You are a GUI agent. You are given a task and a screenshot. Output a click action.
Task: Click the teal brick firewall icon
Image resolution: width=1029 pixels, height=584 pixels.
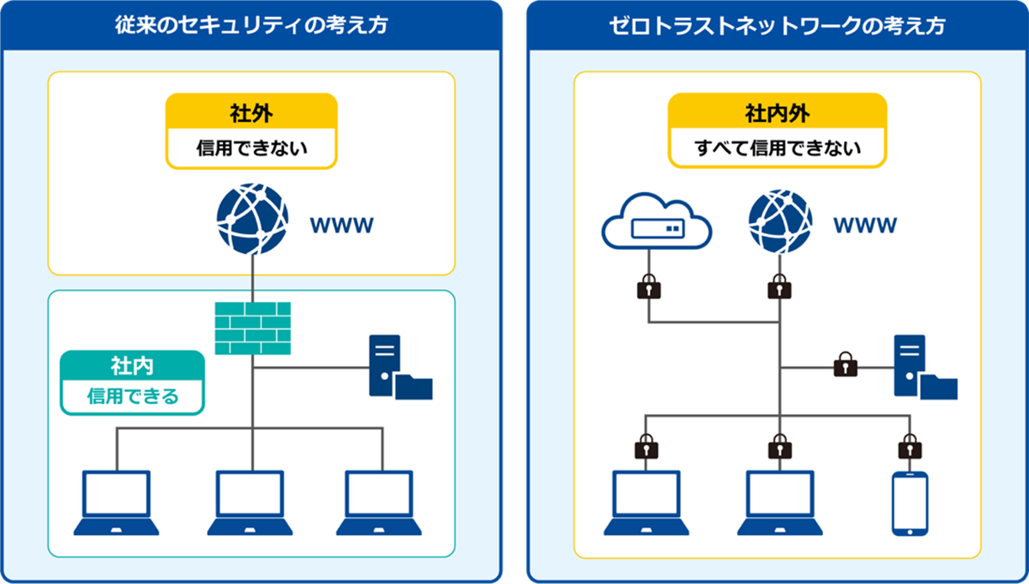point(252,328)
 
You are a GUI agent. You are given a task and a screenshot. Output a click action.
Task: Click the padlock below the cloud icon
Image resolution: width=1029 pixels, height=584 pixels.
point(649,287)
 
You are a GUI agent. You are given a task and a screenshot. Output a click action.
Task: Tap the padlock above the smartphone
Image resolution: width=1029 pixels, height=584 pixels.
point(910,447)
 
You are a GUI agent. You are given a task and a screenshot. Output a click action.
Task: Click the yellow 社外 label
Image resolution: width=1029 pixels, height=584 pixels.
point(251,112)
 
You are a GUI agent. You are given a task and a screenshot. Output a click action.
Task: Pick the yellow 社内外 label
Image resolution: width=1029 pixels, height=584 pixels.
point(777,112)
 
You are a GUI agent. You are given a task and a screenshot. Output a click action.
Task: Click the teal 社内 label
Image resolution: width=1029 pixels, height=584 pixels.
point(132,366)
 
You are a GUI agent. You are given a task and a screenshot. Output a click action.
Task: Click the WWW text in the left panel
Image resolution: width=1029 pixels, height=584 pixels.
point(340,226)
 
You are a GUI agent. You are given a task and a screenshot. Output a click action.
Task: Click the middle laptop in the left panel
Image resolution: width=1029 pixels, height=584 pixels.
point(250,503)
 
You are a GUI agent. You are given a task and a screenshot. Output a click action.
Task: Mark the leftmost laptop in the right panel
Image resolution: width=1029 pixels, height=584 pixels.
point(647,503)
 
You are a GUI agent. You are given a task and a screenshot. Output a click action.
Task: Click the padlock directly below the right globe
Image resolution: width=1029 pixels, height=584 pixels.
point(779,287)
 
